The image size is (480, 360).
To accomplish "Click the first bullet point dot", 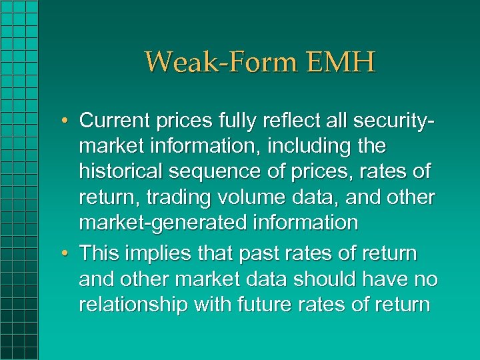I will pyautogui.click(x=67, y=121).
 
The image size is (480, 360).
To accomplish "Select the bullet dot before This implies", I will pyautogui.click(x=67, y=255).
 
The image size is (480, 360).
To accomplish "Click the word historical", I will pyautogui.click(x=122, y=171).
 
